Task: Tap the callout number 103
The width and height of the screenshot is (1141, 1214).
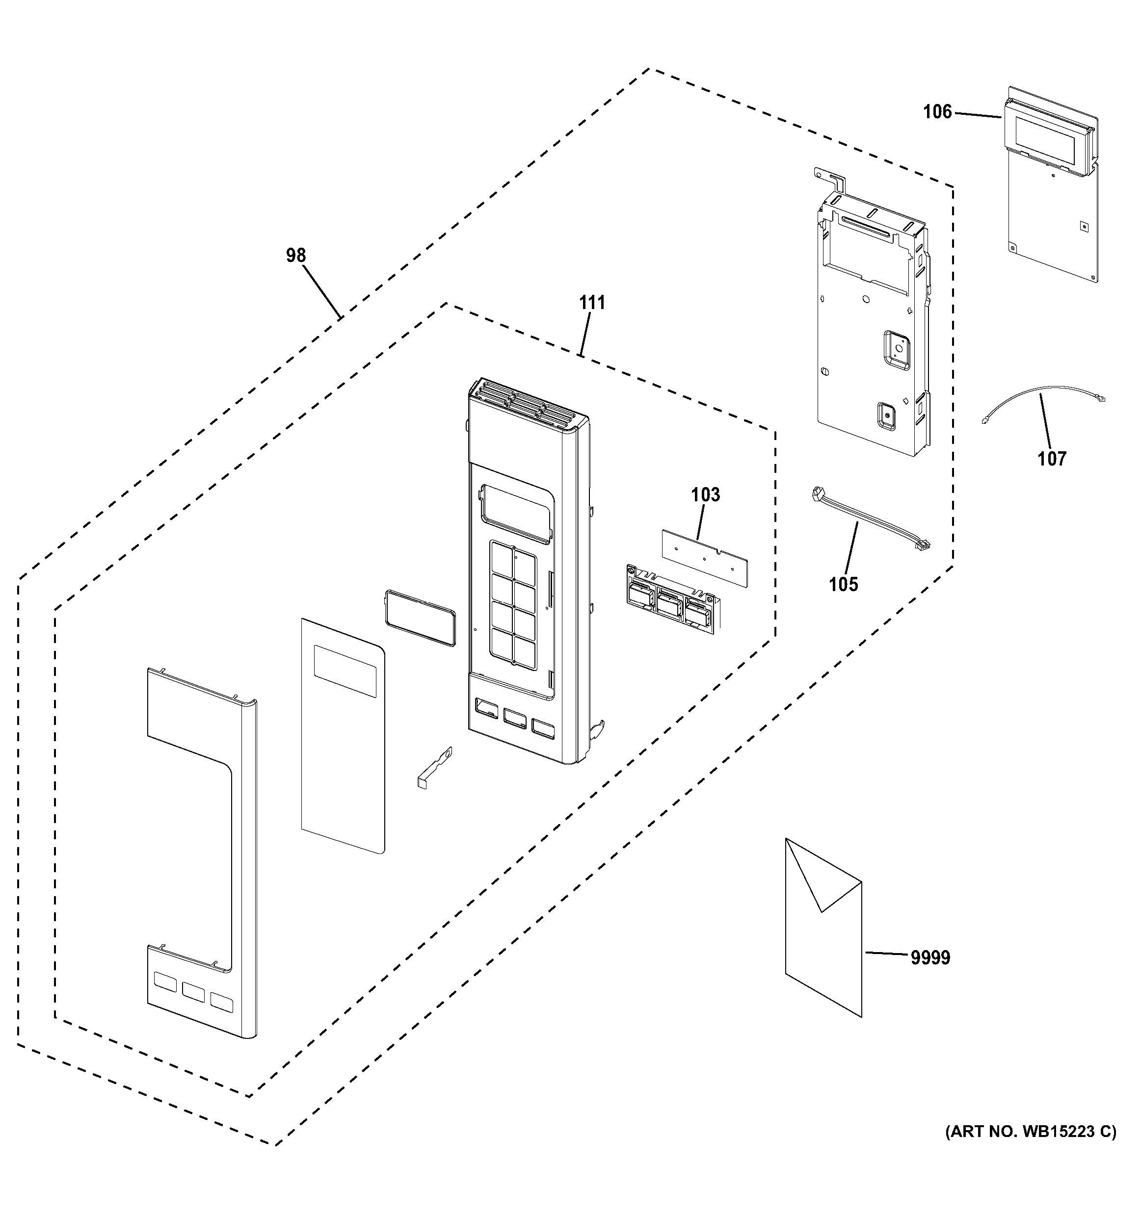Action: pos(706,494)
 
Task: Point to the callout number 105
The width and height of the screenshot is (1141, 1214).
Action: pos(843,584)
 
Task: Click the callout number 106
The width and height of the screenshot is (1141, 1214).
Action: pos(937,112)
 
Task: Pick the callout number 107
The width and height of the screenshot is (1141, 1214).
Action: pos(1052,459)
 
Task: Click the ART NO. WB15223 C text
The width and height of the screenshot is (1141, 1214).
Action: pos(1031,1132)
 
